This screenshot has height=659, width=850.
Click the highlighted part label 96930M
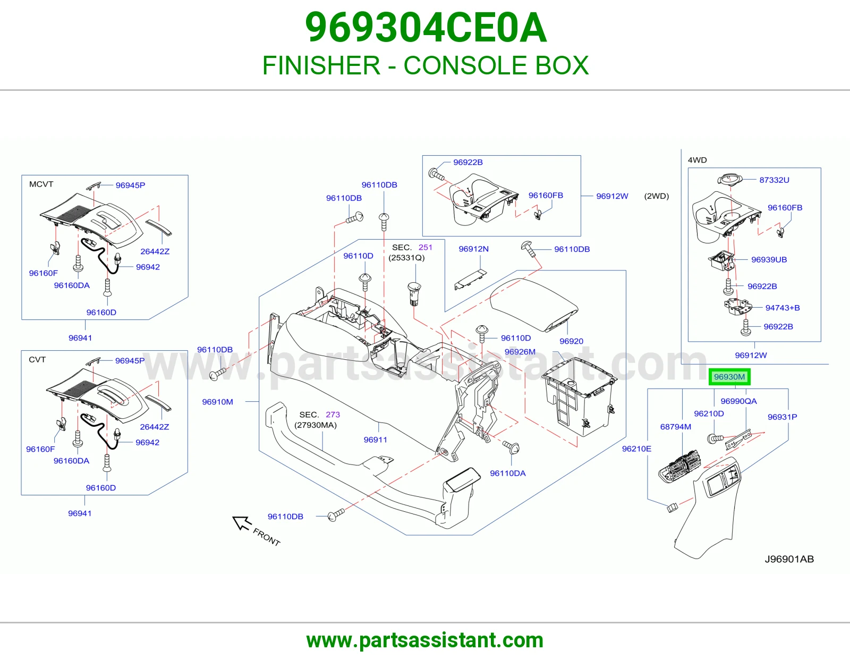pyautogui.click(x=729, y=377)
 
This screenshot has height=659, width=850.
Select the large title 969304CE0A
pyautogui.click(x=426, y=28)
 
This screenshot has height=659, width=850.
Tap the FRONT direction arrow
pyautogui.click(x=242, y=523)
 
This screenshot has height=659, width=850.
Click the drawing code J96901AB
pyautogui.click(x=789, y=559)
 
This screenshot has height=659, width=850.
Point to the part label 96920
pyautogui.click(x=571, y=341)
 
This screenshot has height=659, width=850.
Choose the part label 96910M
pyautogui.click(x=217, y=402)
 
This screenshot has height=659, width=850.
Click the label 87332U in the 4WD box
pyautogui.click(x=774, y=180)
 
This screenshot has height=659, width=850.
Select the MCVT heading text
pyautogui.click(x=41, y=184)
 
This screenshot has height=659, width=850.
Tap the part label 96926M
pyautogui.click(x=520, y=352)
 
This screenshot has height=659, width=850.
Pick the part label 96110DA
pyautogui.click(x=508, y=473)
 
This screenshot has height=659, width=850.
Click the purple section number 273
pyautogui.click(x=333, y=415)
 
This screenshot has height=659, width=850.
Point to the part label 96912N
pyautogui.click(x=473, y=249)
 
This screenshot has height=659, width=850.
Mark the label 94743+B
pyautogui.click(x=783, y=308)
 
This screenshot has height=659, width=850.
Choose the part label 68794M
pyautogui.click(x=676, y=427)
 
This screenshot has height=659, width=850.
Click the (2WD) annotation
pyautogui.click(x=657, y=196)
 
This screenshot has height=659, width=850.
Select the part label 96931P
pyautogui.click(x=782, y=417)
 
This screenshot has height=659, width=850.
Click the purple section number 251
pyautogui.click(x=425, y=247)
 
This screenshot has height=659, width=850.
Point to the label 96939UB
pyautogui.click(x=769, y=259)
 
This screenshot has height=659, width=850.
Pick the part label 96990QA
pyautogui.click(x=738, y=401)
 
